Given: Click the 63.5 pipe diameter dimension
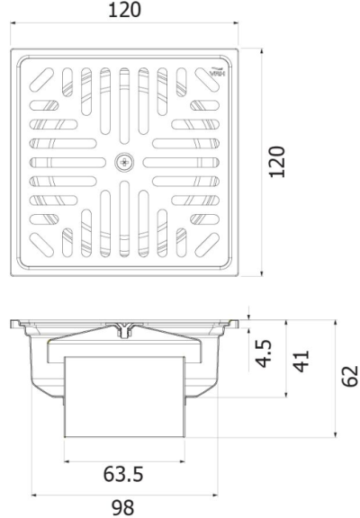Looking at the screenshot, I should [x=124, y=474].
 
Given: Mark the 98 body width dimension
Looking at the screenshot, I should [x=124, y=507].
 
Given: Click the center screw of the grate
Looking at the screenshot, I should [x=124, y=162].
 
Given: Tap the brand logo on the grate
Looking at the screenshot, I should [x=215, y=74].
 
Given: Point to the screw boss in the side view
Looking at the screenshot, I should [x=124, y=330].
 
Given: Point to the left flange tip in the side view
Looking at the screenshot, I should [x=15, y=323].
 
